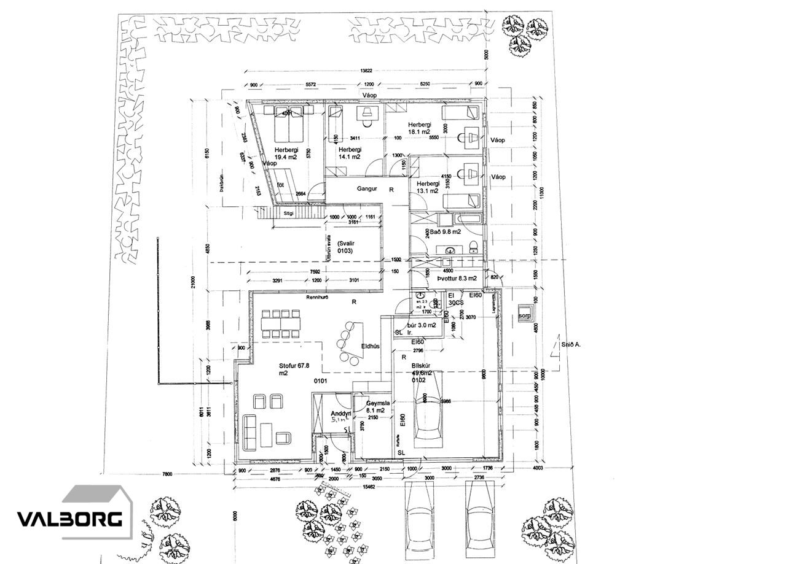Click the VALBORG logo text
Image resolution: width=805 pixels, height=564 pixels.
click(69, 519)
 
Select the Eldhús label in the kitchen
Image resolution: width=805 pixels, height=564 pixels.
click(370, 346)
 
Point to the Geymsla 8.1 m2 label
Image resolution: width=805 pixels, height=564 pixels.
click(375, 407)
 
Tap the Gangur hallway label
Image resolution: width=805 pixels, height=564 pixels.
click(367, 188)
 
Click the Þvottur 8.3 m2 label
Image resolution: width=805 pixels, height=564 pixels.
click(457, 278)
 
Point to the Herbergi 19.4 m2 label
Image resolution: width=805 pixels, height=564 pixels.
click(286, 153)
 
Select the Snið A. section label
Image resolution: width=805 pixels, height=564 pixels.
click(571, 345)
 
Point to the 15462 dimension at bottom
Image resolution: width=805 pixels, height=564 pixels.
click(368, 486)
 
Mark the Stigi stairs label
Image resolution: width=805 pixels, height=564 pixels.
click(288, 214)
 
